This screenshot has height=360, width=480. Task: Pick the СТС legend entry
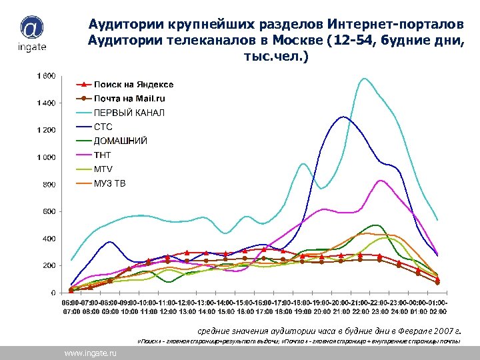[x=103, y=127]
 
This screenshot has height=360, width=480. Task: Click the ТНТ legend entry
[x=102, y=155]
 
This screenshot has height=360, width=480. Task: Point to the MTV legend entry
[x=103, y=169]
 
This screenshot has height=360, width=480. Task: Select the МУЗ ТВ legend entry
[x=109, y=183]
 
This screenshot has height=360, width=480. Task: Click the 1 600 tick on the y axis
[x=45, y=76]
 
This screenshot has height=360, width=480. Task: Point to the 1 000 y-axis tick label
[x=45, y=157]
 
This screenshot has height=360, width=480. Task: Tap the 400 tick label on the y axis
[x=49, y=239]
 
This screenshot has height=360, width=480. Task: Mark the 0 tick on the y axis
[x=53, y=293]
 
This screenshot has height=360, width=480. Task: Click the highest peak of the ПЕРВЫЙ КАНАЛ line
[x=364, y=79]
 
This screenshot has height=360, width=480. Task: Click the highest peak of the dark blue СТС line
[x=343, y=117]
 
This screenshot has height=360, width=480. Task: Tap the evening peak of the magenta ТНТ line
[x=380, y=181]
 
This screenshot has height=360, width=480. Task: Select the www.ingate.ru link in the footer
[x=90, y=353]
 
